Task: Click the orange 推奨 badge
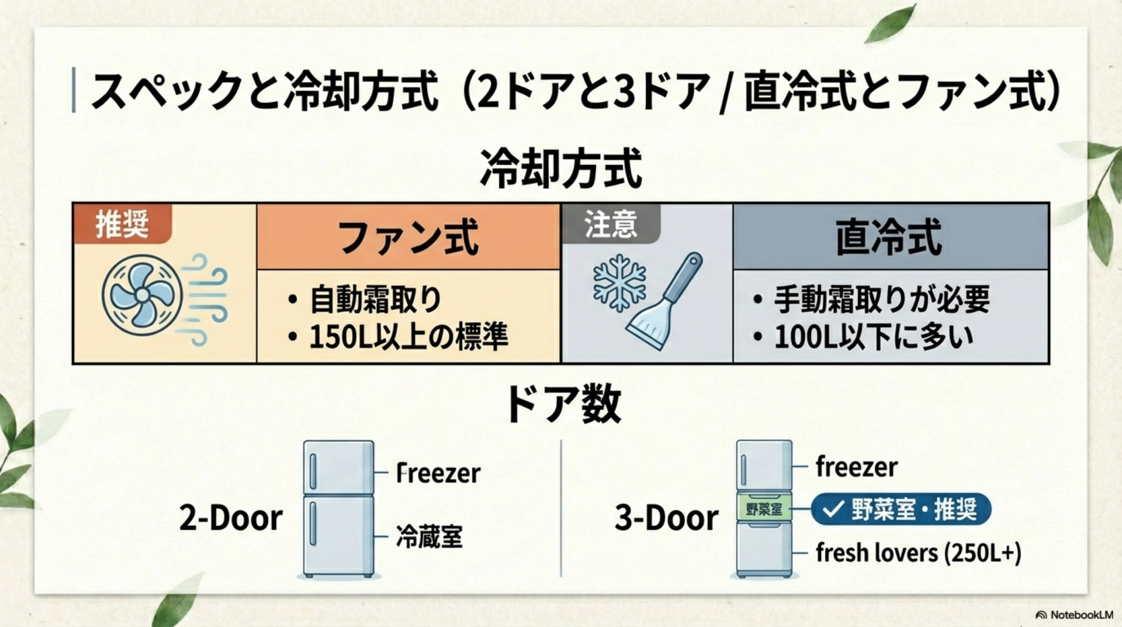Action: point(122,224)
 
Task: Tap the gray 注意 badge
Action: point(611,224)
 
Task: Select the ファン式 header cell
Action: point(408,237)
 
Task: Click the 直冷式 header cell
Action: point(889,237)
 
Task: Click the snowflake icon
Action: point(619,283)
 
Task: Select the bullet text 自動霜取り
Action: point(375,299)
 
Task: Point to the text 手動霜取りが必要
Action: point(882,299)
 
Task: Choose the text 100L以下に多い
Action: point(874,337)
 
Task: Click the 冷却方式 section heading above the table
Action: point(561,168)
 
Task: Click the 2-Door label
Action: point(231,518)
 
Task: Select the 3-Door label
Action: point(667,518)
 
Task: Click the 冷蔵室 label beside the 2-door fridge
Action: point(429,537)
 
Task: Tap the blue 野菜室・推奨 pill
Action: point(901,509)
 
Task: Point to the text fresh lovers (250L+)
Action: point(918,553)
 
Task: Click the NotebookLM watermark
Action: point(1074,615)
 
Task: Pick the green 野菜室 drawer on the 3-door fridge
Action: point(764,509)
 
